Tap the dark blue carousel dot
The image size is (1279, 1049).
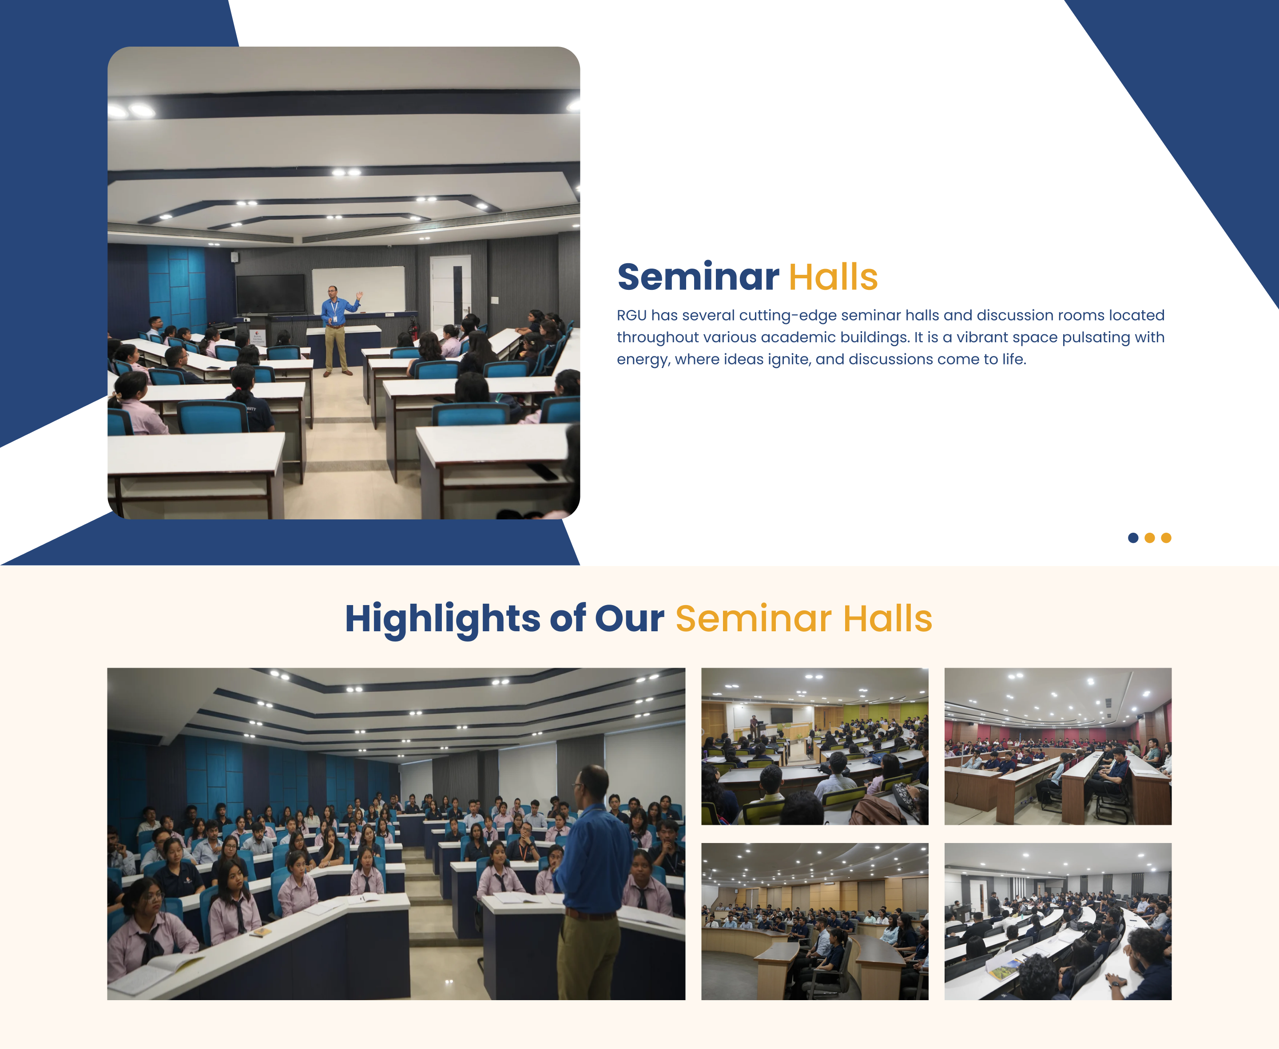pyautogui.click(x=1133, y=538)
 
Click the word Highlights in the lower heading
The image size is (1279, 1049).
pyautogui.click(x=442, y=619)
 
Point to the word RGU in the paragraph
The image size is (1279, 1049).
pyautogui.click(x=632, y=316)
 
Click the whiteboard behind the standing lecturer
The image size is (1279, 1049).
pyautogui.click(x=359, y=289)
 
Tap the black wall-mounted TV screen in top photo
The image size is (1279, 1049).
pyautogui.click(x=270, y=294)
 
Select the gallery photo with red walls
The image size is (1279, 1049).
pyautogui.click(x=1058, y=746)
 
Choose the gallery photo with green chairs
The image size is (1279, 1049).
pyautogui.click(x=815, y=746)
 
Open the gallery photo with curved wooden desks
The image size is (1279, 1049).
pyautogui.click(x=815, y=922)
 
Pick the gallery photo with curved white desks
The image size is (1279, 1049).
pyautogui.click(x=1058, y=922)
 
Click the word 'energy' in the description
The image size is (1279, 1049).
pyautogui.click(x=643, y=360)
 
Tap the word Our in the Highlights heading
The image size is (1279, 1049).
pyautogui.click(x=629, y=619)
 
